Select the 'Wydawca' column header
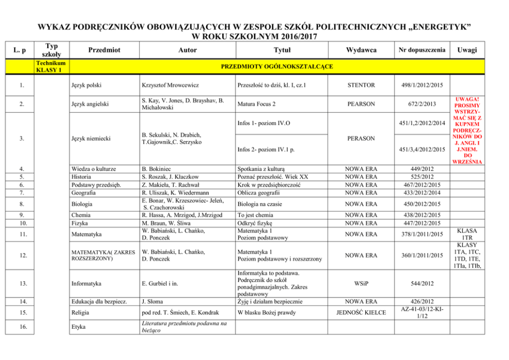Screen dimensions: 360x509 point(361,50)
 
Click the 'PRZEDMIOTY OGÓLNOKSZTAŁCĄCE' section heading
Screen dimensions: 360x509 point(277,67)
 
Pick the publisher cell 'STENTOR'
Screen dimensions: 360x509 point(361,85)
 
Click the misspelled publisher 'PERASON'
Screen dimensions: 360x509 point(361,138)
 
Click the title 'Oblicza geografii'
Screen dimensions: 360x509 point(258,193)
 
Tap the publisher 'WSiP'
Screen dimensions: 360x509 point(361,283)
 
